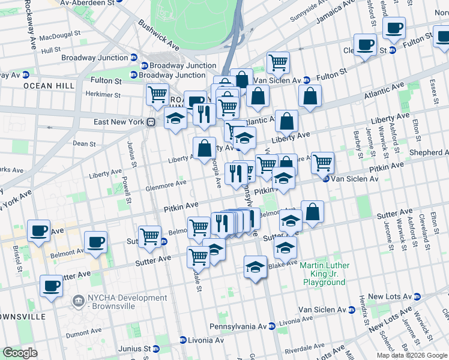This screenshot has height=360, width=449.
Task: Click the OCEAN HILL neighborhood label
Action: pos(49,86)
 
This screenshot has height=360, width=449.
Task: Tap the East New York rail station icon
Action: pos(152,122)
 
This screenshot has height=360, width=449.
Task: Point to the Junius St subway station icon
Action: pos(157,349)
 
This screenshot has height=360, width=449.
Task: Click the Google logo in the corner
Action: pos(20,353)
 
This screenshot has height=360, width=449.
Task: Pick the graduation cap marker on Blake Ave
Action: pos(256,266)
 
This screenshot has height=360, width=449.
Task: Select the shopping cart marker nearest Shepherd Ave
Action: pos(323,161)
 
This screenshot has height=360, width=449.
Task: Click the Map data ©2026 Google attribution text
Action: pos(411,355)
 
